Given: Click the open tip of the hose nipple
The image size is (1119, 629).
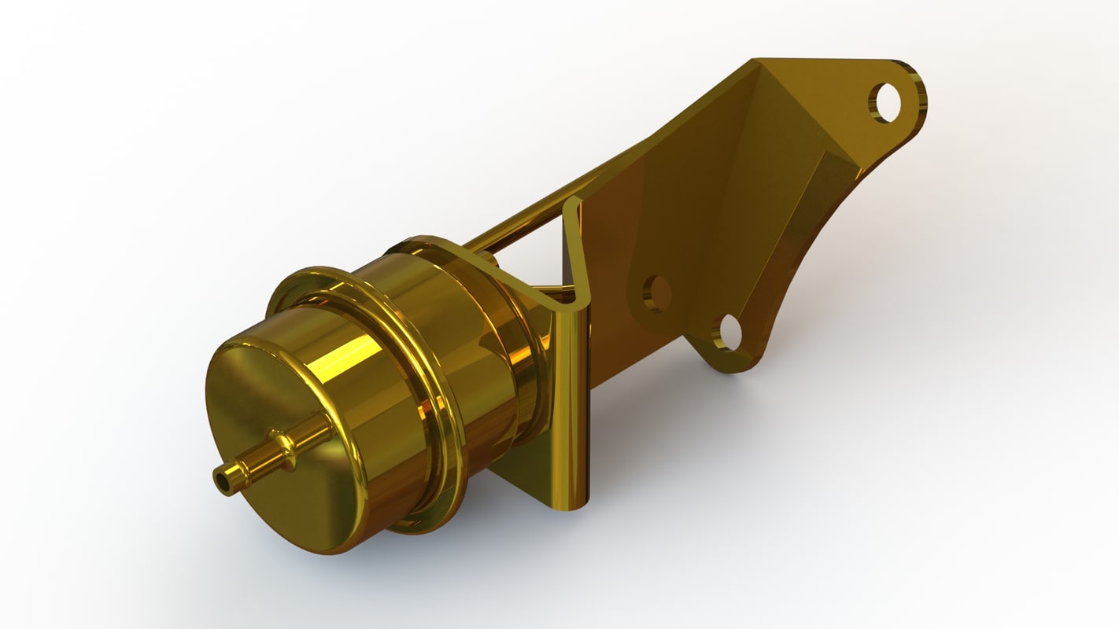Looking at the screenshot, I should click(226, 480).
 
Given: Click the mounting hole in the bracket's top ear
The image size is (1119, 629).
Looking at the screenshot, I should click(888, 102).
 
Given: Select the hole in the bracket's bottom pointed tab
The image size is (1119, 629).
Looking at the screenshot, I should click(728, 333).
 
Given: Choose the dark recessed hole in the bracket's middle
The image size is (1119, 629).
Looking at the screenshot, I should click(656, 293).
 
